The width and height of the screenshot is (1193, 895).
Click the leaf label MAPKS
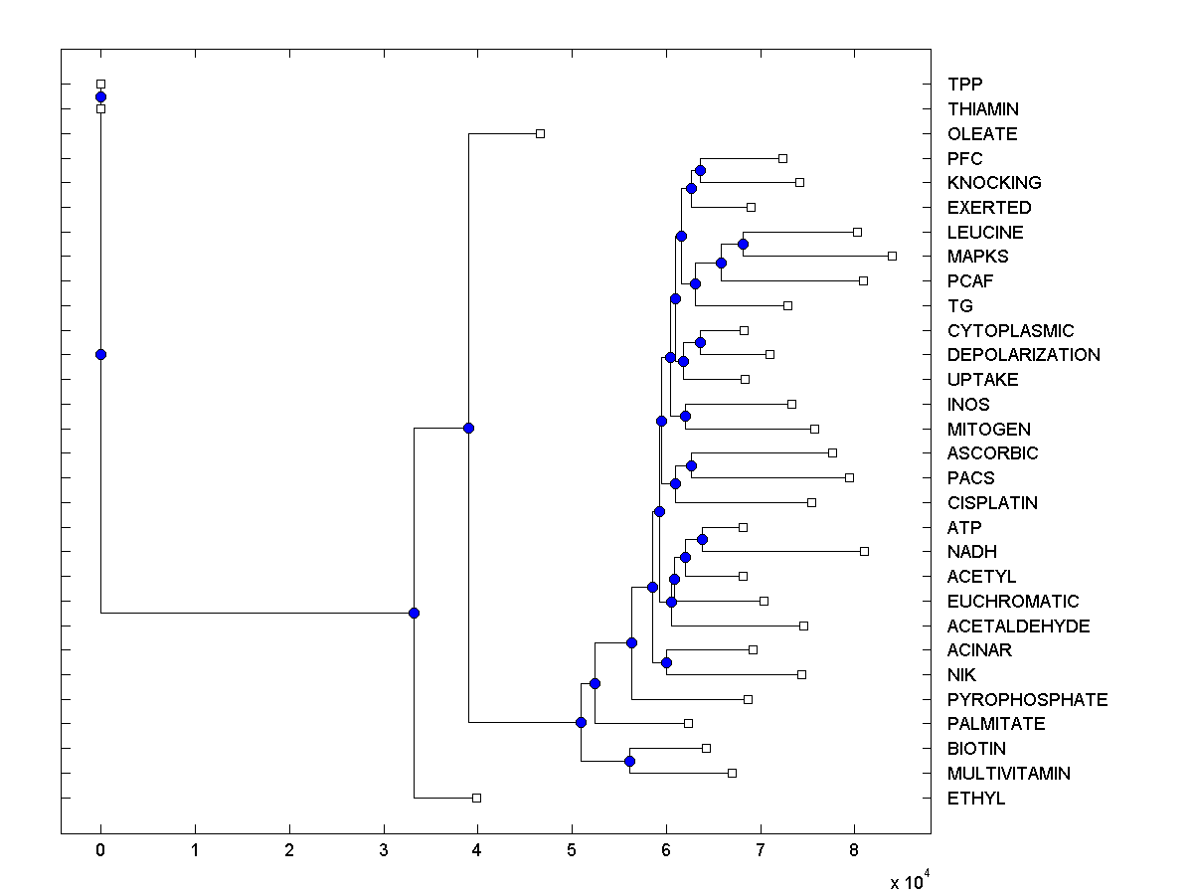pos(977,257)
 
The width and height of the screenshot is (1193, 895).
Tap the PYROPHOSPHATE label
pos(1027,700)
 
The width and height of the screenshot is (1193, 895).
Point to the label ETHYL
pos(976,799)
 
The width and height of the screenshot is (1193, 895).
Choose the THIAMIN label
pos(983,109)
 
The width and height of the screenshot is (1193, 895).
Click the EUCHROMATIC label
pos(1013,602)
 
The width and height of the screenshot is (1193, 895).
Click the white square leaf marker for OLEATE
pos(540,133)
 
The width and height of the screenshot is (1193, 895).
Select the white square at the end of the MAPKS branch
pos(892,257)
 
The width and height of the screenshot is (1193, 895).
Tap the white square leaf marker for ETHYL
pos(476,798)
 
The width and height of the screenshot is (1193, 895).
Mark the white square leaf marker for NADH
pos(864,551)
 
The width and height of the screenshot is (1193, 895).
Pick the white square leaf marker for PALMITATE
pos(688,723)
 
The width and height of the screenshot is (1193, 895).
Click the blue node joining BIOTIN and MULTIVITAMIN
pos(629,761)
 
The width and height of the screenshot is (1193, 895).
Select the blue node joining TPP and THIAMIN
pos(100,96)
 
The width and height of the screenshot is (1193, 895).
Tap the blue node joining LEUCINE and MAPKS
pos(743,244)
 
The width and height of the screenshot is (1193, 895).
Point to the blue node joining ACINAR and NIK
pos(666,662)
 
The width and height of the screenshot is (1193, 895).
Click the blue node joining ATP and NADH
pos(702,539)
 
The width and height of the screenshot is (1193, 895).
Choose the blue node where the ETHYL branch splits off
pos(414,613)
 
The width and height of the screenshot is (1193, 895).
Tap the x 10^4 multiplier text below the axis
pos(909,880)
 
